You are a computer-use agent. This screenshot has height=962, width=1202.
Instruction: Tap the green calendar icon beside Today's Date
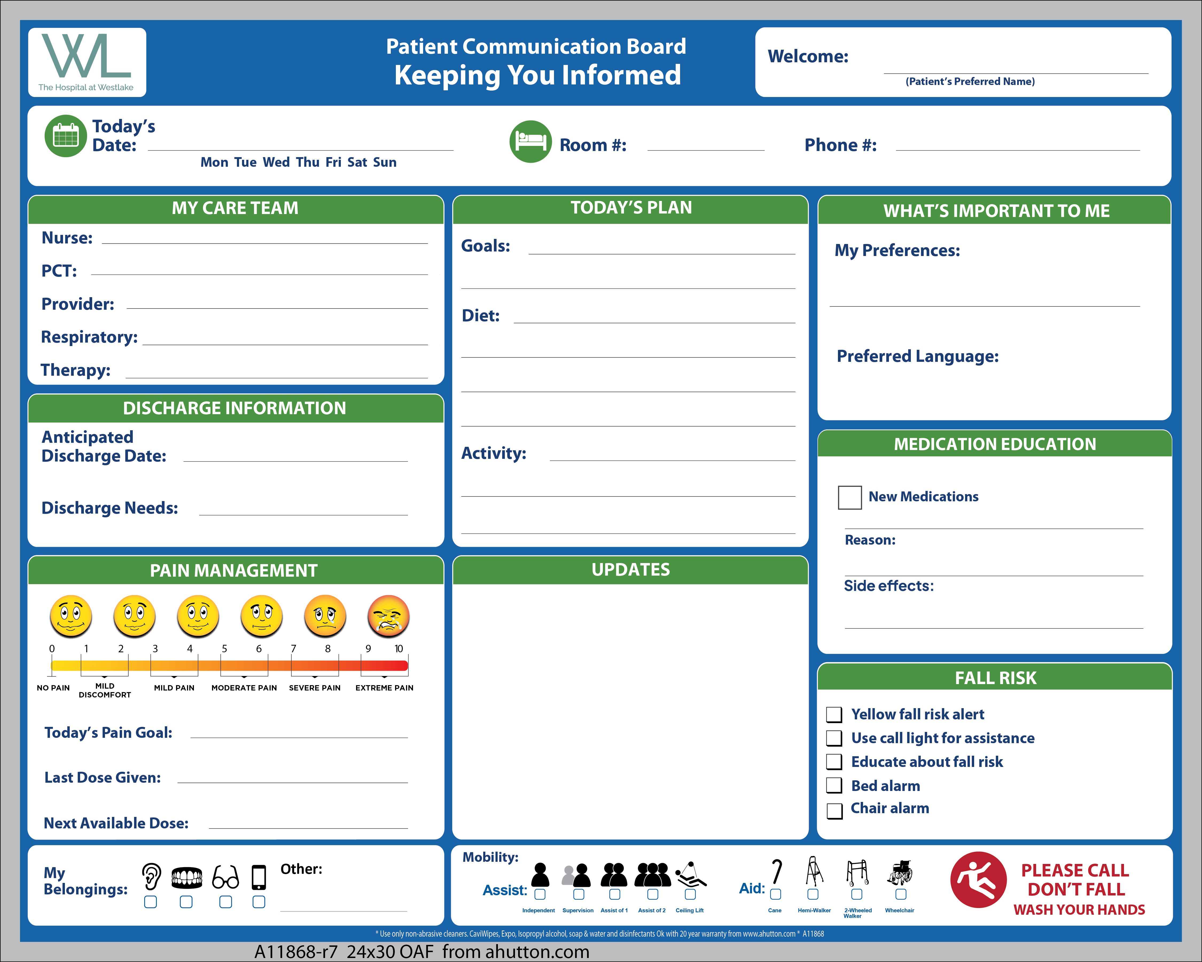coord(66,135)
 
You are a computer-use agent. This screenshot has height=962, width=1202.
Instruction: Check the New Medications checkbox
coord(849,497)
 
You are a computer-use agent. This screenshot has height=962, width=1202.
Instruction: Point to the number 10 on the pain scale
coord(399,649)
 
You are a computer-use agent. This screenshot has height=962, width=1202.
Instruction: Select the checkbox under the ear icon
coord(151,902)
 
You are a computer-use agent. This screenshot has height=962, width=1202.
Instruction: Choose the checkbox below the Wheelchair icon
coord(900,894)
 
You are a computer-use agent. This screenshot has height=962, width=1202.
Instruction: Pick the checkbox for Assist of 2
coord(652,894)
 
